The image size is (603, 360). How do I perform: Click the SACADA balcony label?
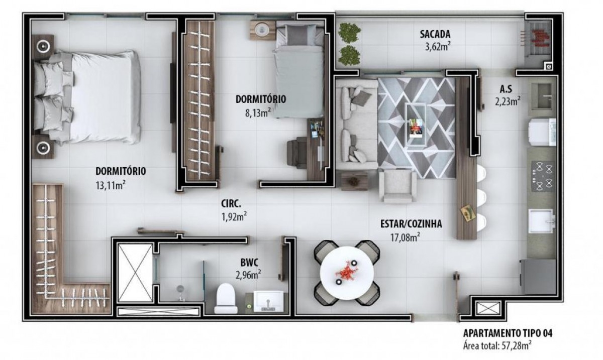click(435, 34)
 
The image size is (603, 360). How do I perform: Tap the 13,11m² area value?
click(110, 185)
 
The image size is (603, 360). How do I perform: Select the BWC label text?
click(249, 262)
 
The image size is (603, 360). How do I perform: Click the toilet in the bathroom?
click(226, 298)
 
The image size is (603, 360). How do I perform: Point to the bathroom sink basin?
click(268, 301)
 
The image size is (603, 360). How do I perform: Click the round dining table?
click(347, 273)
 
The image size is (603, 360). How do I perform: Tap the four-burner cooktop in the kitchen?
click(542, 176)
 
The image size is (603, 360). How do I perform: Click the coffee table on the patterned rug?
click(416, 125)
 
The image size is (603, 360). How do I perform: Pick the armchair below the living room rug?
click(397, 186)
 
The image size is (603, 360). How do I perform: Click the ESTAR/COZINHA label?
click(411, 224)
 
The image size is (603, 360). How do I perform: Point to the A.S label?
click(506, 89)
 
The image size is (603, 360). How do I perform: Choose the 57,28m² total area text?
click(515, 346)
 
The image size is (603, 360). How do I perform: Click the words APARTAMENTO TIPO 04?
click(508, 333)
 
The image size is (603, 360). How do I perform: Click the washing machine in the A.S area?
click(542, 132)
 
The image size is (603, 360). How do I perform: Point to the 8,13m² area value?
click(257, 113)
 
